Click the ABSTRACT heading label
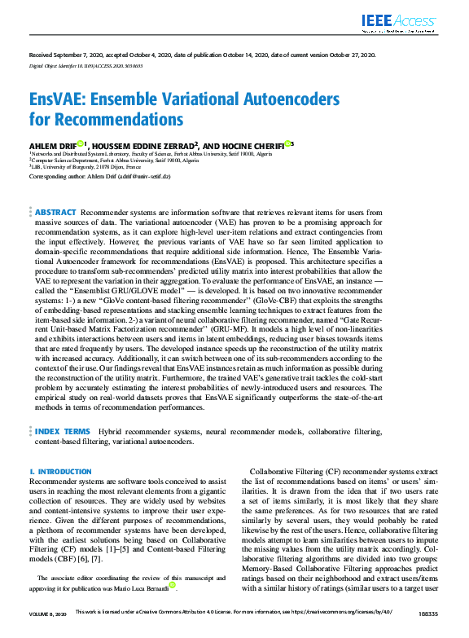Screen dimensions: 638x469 [x=55, y=211]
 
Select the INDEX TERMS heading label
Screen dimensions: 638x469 [x=62, y=431]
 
